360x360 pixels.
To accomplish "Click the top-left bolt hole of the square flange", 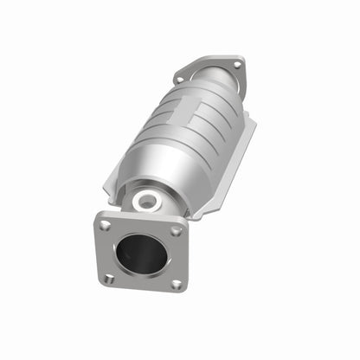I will click(105, 224).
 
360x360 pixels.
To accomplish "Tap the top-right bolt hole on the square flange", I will click(176, 231).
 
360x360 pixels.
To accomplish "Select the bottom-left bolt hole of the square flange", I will click(109, 278).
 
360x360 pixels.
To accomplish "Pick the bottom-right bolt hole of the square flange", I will click(176, 284).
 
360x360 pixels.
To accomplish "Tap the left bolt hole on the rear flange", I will click(180, 79).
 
